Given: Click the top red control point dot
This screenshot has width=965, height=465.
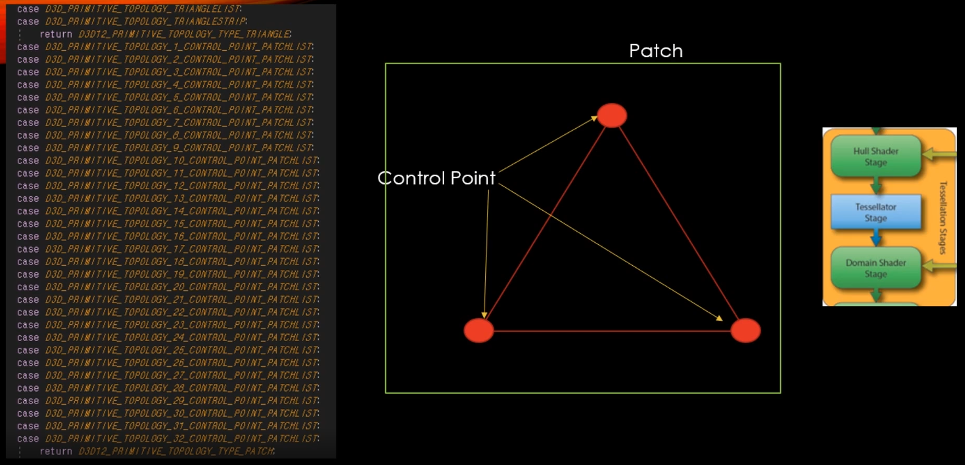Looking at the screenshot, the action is pos(612,116).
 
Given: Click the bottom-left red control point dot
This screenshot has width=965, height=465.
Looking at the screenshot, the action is pos(479,331).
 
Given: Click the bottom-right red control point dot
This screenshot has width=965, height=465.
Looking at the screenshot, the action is pos(746,331).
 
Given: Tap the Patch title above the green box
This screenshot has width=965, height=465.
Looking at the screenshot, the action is pos(656,51).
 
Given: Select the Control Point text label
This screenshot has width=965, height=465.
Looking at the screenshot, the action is pos(436,178).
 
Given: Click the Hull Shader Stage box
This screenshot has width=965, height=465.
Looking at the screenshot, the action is pos(876,156).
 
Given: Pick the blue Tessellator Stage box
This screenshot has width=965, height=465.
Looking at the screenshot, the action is pos(876,212).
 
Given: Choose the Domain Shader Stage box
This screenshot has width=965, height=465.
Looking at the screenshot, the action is pos(876,268).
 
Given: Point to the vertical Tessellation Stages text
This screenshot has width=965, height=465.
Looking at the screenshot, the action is pos(943,217).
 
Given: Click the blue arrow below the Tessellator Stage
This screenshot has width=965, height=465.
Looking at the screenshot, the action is pos(876,239).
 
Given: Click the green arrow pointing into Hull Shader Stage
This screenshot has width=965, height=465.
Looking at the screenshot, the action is pos(935,154).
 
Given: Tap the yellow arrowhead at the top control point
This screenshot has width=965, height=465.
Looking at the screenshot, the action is pos(594,119).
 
